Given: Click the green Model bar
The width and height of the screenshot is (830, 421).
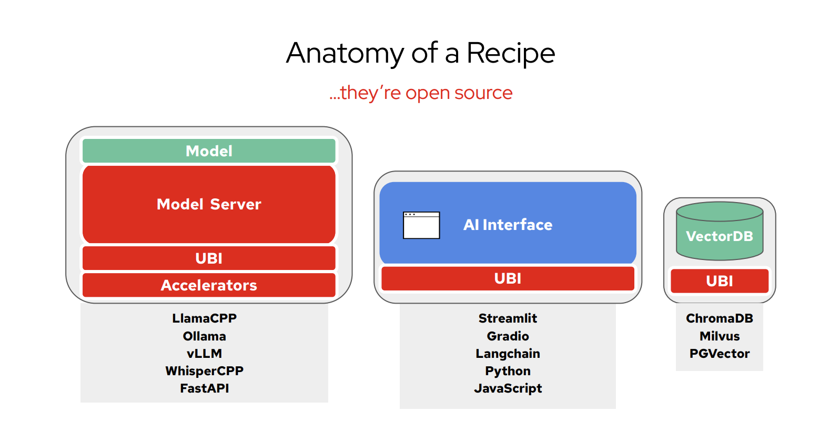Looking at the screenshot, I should pos(209,151).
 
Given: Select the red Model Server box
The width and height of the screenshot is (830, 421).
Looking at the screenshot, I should pos(209,204).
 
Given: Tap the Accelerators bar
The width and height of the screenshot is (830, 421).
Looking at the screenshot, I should pos(209,285).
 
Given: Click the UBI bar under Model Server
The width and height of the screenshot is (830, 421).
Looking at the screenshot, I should pos(209,258).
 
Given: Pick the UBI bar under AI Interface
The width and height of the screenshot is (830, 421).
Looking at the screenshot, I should pos(508,278).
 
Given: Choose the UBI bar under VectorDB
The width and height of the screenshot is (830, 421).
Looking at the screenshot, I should pos(720,281).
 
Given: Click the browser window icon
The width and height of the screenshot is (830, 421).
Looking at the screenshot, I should pos(421,225).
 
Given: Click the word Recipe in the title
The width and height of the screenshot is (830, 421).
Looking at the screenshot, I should pos(511,53).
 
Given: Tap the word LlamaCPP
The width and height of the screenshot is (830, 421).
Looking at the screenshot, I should pos(205,318).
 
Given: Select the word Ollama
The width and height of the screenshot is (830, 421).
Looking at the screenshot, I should pos(205,336).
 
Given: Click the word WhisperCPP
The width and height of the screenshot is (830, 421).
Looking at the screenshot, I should pos(205,371).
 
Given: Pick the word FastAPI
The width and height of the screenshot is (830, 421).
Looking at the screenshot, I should pos(205,388).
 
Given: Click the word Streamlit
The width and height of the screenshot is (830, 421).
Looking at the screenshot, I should pos(508,318).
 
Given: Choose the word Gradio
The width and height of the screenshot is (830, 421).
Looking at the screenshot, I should pos(508,336).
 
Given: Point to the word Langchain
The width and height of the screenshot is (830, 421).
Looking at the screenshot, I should pos(508,354).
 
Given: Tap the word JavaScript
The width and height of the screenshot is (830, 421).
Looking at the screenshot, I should pos(508,388).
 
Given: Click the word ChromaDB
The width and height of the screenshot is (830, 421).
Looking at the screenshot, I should pos(720,318).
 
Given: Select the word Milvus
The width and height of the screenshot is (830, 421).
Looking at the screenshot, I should pos(720,336).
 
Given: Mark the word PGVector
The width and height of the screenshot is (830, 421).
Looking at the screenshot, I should pos(720,354).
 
